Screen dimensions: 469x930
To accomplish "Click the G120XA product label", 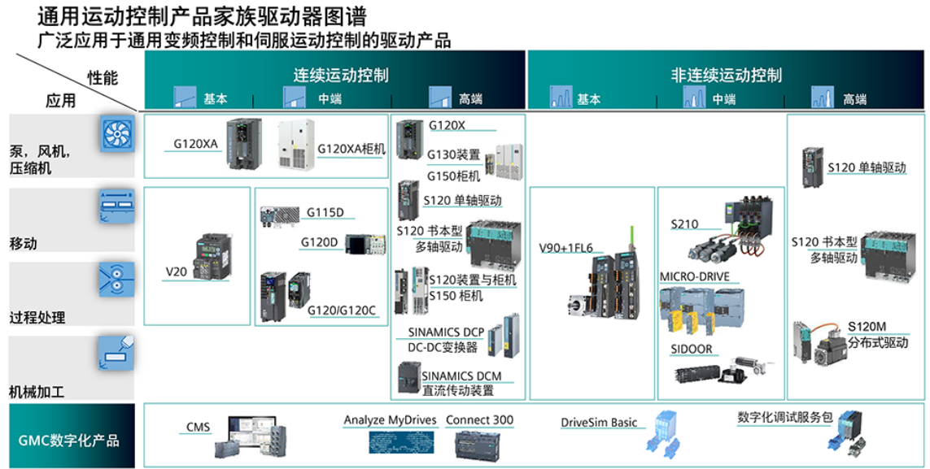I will (195, 144).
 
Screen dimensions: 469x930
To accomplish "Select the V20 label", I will (176, 271).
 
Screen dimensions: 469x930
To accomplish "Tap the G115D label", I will (325, 213).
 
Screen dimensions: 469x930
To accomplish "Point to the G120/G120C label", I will (342, 310).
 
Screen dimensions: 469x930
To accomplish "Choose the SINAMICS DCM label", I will (461, 376).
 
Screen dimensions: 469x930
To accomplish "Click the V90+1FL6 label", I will (566, 248).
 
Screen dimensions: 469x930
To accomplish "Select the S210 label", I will (684, 224).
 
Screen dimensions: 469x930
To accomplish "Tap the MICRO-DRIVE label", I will (694, 277).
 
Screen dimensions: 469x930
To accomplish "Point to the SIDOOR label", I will (691, 349).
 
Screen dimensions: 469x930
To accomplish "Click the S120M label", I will (867, 327).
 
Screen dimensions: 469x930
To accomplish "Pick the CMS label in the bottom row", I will (198, 427).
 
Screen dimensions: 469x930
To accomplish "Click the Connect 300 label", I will (479, 420).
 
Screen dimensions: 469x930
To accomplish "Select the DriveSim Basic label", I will (599, 423).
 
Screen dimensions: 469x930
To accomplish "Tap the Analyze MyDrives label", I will (391, 420).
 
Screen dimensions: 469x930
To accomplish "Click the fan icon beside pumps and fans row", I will (116, 133).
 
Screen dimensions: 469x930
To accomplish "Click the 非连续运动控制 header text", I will (726, 75).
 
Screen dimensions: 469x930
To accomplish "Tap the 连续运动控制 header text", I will (341, 75).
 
